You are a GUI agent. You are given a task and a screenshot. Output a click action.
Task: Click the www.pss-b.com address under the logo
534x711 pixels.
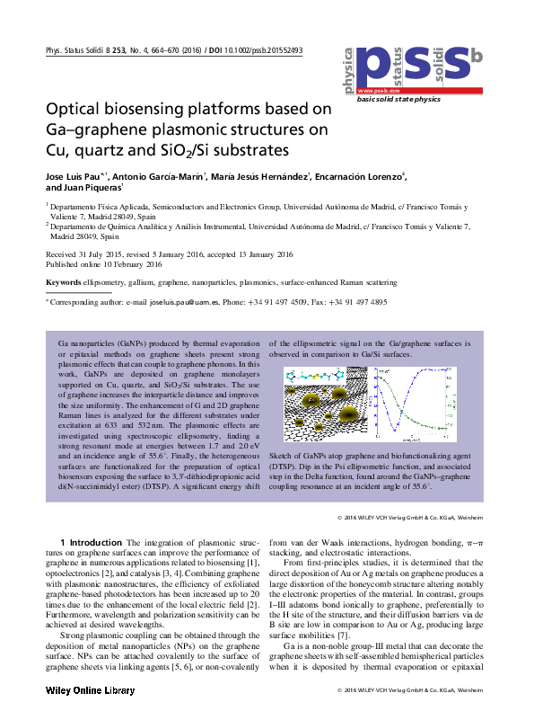point(378,92)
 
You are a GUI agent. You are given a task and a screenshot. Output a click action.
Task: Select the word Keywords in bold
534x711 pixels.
point(64,282)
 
